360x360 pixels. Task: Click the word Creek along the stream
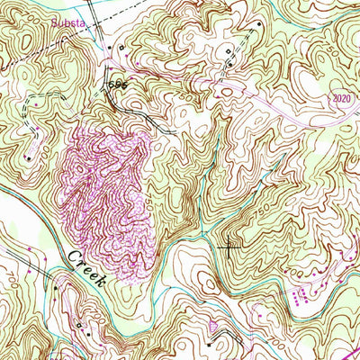[x=86, y=268]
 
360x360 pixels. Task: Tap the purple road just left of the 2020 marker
[x=306, y=99]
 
